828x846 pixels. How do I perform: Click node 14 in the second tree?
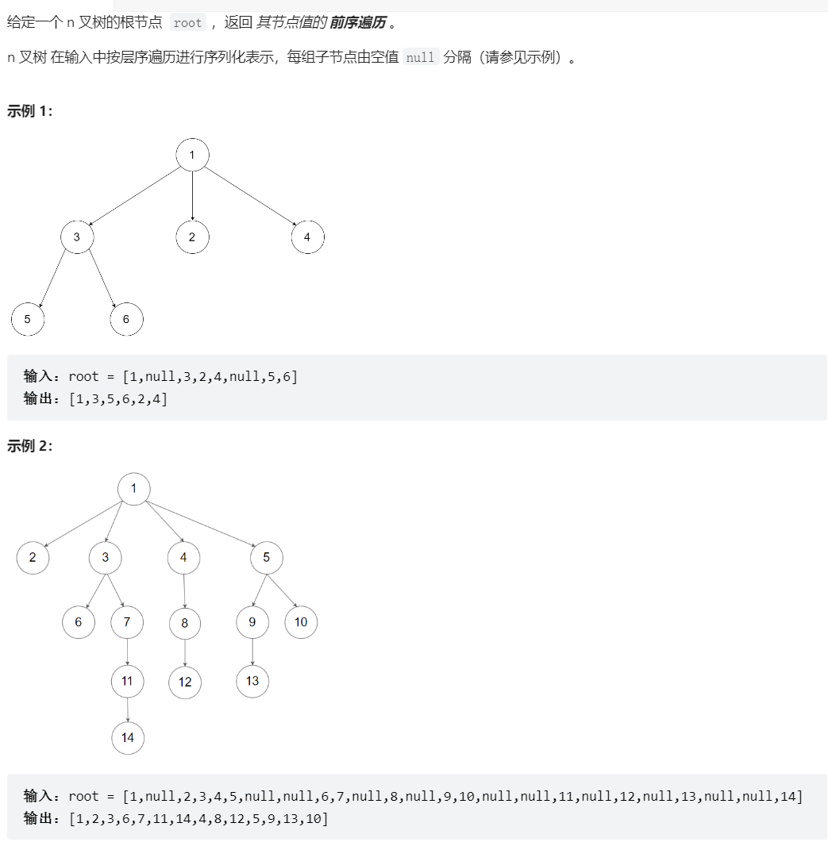pyautogui.click(x=128, y=737)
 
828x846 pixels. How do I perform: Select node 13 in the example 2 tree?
pyautogui.click(x=252, y=681)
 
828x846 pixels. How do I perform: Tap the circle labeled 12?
pyautogui.click(x=185, y=682)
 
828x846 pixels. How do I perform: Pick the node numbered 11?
pyautogui.click(x=127, y=681)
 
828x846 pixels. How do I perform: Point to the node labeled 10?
pyautogui.click(x=301, y=622)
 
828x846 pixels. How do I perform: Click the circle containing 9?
pyautogui.click(x=252, y=622)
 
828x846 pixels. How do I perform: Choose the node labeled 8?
pyautogui.click(x=185, y=623)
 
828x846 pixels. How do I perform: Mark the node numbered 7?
pyautogui.click(x=127, y=622)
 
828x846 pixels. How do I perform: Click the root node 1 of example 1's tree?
pyautogui.click(x=192, y=155)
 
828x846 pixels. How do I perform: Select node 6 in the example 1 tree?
pyautogui.click(x=126, y=319)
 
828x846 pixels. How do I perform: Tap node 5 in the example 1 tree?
pyautogui.click(x=28, y=319)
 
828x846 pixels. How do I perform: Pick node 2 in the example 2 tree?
pyautogui.click(x=33, y=557)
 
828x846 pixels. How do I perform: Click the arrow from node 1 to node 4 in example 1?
pyautogui.click(x=250, y=196)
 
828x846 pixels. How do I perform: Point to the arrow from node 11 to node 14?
pyautogui.click(x=127, y=709)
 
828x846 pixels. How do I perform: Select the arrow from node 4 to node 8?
pyautogui.click(x=184, y=590)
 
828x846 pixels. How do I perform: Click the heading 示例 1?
pyautogui.click(x=29, y=111)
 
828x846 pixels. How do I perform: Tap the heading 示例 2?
pyautogui.click(x=29, y=446)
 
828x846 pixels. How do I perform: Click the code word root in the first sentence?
pyautogui.click(x=187, y=23)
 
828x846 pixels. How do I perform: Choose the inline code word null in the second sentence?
pyautogui.click(x=420, y=57)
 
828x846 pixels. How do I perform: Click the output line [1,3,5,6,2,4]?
pyautogui.click(x=118, y=399)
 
